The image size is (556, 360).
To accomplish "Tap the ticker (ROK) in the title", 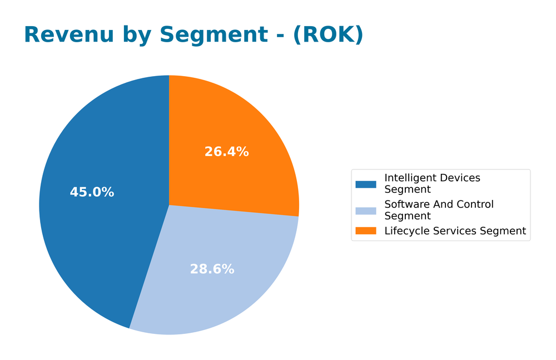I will pos(328,34).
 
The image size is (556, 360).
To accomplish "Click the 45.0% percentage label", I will pos(92,192).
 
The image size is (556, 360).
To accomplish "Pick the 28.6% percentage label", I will pos(212,269).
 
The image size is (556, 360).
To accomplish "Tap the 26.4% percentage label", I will pos(226,151).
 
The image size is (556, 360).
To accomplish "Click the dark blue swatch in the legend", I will pos(366,184).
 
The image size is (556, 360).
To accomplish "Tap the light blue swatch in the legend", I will pos(366,210).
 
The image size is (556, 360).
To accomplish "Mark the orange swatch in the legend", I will pos(366,231).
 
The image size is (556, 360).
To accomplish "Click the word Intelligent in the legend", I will pos(408,178).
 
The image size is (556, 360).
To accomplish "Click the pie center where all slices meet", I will pos(169,205).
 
